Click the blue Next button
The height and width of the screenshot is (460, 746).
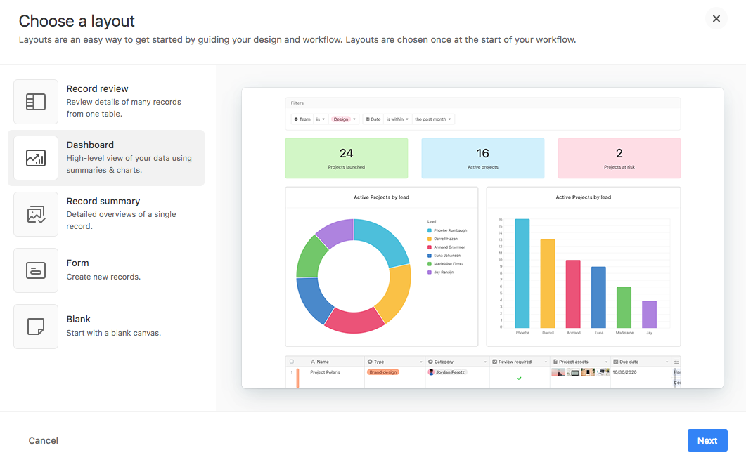click(x=707, y=440)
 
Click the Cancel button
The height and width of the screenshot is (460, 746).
click(x=44, y=440)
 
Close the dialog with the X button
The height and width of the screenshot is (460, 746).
click(x=716, y=19)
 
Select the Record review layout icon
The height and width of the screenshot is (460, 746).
click(x=36, y=102)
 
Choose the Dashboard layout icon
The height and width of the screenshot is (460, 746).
click(x=36, y=158)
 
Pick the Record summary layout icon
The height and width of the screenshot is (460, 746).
click(x=36, y=214)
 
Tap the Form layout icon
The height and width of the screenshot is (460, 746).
click(x=36, y=270)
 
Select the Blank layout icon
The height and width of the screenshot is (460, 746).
click(x=36, y=327)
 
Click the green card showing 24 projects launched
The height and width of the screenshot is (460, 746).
click(x=346, y=158)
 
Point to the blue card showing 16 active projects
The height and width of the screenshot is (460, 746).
click(x=482, y=158)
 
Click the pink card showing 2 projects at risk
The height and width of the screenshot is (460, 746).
click(x=619, y=158)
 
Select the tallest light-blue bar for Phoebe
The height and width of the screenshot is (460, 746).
click(x=522, y=273)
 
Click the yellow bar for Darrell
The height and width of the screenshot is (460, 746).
click(x=548, y=284)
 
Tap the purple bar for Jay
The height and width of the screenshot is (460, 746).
click(x=649, y=314)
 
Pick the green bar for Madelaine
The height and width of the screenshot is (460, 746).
click(x=624, y=307)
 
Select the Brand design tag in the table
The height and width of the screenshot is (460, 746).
click(x=383, y=372)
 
